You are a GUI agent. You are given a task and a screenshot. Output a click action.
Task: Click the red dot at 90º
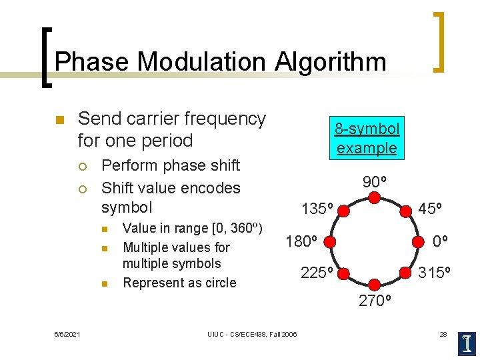coord(375,198)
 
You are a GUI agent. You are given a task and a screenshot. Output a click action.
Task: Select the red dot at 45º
coord(405,211)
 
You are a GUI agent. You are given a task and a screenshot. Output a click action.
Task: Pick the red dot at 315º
coord(405,272)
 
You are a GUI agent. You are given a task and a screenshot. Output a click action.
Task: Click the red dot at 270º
coord(375,285)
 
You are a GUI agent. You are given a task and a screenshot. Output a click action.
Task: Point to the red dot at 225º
coord(344,272)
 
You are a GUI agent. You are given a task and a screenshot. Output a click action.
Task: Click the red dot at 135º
coord(344,211)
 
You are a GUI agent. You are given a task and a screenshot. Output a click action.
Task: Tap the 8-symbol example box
coord(367,138)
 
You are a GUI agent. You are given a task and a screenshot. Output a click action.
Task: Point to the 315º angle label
coord(435,273)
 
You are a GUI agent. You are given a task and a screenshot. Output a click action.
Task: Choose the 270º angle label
coord(375,301)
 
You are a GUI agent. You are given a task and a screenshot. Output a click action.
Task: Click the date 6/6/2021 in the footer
coord(67,333)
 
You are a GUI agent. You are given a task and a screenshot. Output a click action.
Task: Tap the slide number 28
coord(443,333)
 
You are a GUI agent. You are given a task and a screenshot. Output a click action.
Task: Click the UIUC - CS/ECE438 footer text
coord(252,333)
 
